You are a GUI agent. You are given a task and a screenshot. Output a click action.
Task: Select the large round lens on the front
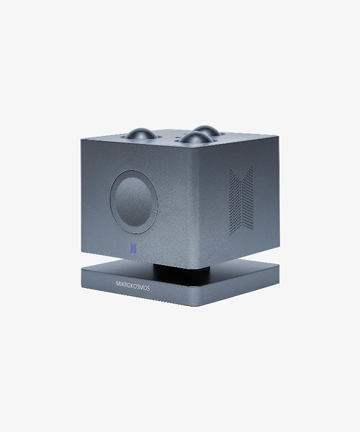(x=135, y=201)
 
